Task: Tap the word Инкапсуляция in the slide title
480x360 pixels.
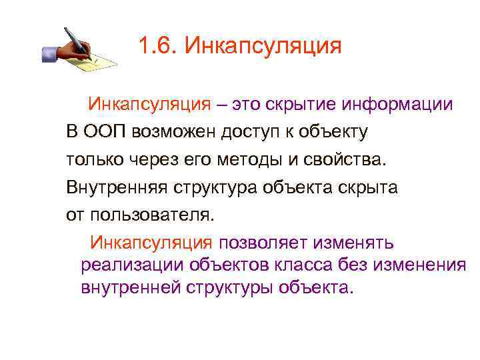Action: tap(263, 47)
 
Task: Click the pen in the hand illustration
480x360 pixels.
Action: tap(77, 41)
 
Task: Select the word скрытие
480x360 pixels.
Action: tap(302, 105)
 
